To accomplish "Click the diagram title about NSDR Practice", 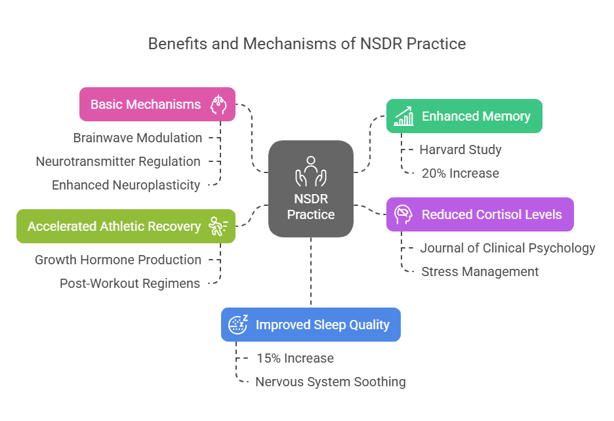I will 307,44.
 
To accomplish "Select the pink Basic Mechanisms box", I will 157,104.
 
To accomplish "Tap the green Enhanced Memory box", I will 464,116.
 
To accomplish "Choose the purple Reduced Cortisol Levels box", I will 480,214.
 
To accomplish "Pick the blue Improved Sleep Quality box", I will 310,325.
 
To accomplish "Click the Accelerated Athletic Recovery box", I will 126,226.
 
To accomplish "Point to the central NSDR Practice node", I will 311,189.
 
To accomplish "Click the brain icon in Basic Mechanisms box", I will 218,104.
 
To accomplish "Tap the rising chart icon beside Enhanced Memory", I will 403,116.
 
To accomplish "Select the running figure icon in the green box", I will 218,226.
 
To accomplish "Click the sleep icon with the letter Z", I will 237,324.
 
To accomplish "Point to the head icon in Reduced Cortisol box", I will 403,214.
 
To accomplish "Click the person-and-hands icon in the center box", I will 311,172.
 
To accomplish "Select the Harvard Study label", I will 460,150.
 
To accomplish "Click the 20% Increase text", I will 460,173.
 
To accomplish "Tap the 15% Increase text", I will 295,358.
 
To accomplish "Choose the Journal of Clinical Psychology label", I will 508,248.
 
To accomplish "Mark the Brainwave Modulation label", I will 138,138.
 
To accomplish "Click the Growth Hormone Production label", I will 118,260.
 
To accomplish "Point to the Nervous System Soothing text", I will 331,382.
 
